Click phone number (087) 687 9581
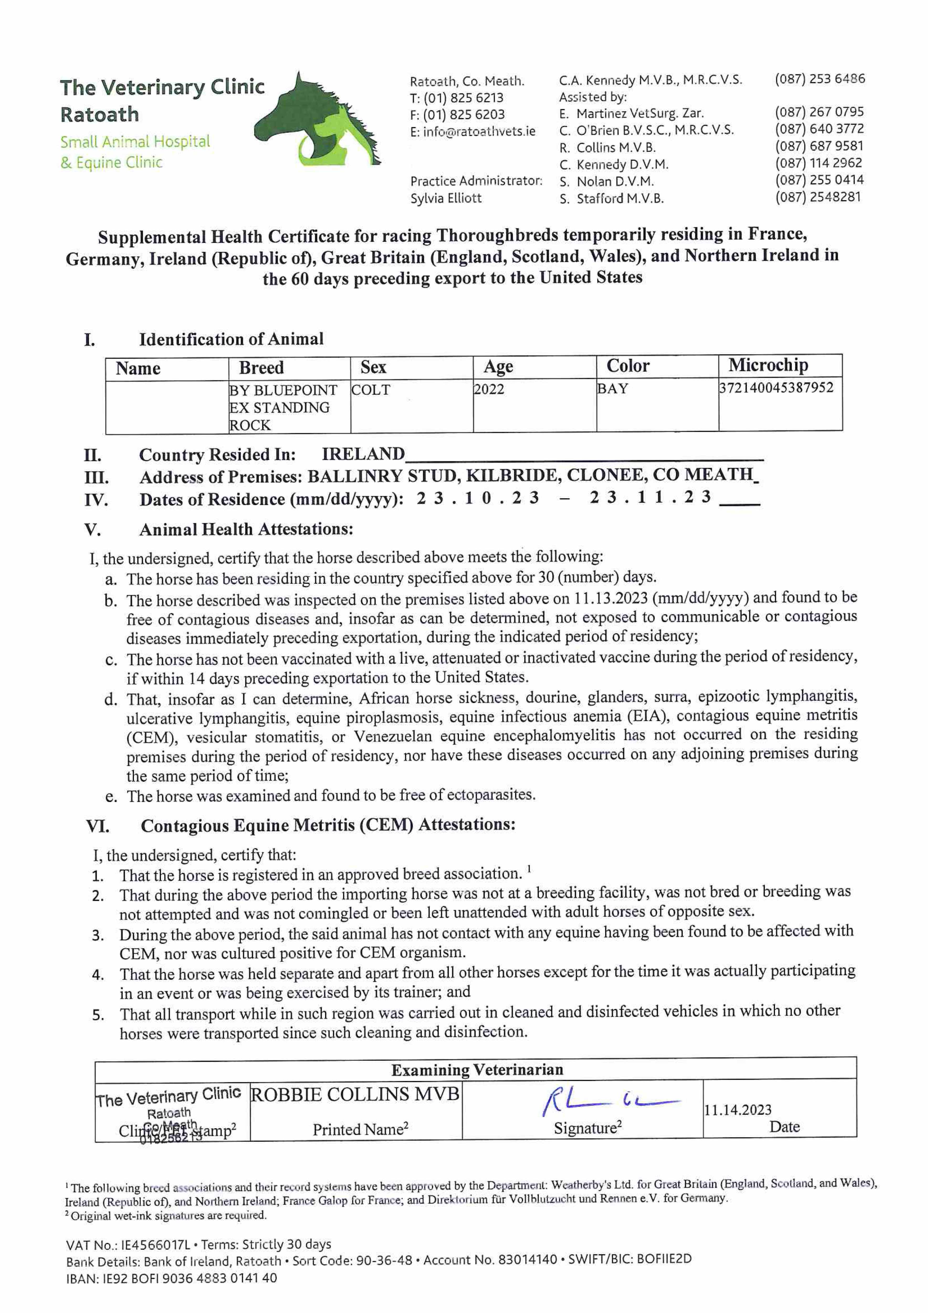(819, 146)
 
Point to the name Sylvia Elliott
(446, 199)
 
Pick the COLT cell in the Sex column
(370, 390)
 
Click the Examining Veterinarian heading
(477, 1070)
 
